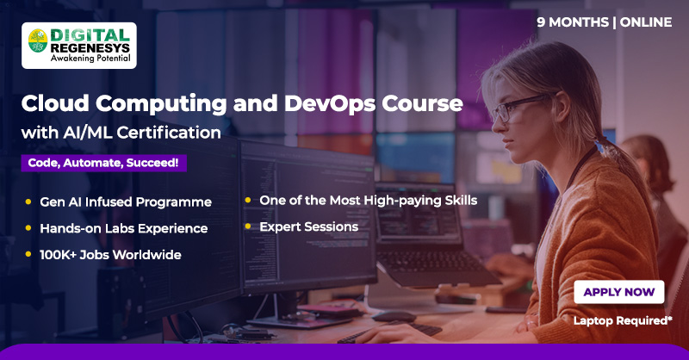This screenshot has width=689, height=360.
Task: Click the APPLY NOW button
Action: click(618, 292)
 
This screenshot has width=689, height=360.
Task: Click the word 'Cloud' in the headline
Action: click(54, 103)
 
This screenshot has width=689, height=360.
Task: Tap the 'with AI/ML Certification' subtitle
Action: click(121, 133)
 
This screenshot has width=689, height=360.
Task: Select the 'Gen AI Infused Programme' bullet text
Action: click(126, 202)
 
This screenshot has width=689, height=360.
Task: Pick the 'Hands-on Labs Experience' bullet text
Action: click(124, 228)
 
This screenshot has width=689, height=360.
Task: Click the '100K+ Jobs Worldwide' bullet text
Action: click(110, 255)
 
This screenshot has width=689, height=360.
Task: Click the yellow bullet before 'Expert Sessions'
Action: click(249, 227)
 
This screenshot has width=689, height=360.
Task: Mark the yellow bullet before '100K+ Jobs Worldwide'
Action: click(28, 255)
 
